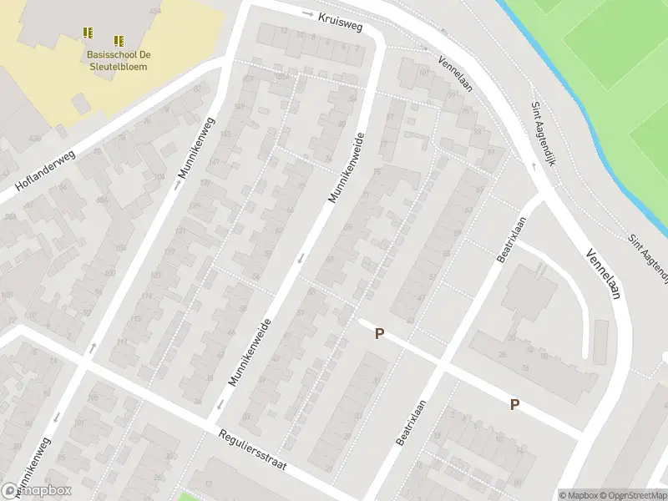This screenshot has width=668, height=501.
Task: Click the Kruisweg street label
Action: pyautogui.click(x=341, y=23)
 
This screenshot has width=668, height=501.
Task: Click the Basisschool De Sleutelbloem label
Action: pyautogui.click(x=117, y=60)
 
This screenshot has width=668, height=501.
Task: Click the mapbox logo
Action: pyautogui.click(x=37, y=491)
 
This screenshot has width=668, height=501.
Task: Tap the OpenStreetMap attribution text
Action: pyautogui.click(x=630, y=495)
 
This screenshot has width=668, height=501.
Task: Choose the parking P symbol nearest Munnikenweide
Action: pyautogui.click(x=379, y=334)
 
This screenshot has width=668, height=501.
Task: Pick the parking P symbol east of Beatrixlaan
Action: pyautogui.click(x=514, y=404)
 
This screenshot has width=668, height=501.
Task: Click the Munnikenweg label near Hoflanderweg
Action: pyautogui.click(x=196, y=149)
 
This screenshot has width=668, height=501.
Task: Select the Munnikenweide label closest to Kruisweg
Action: pyautogui.click(x=347, y=168)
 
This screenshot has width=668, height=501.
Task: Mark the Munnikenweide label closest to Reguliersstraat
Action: pyautogui.click(x=250, y=352)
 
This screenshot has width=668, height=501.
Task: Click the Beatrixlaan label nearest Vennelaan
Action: pyautogui.click(x=510, y=240)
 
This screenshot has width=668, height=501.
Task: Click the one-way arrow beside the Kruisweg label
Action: pyautogui.click(x=306, y=13)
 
